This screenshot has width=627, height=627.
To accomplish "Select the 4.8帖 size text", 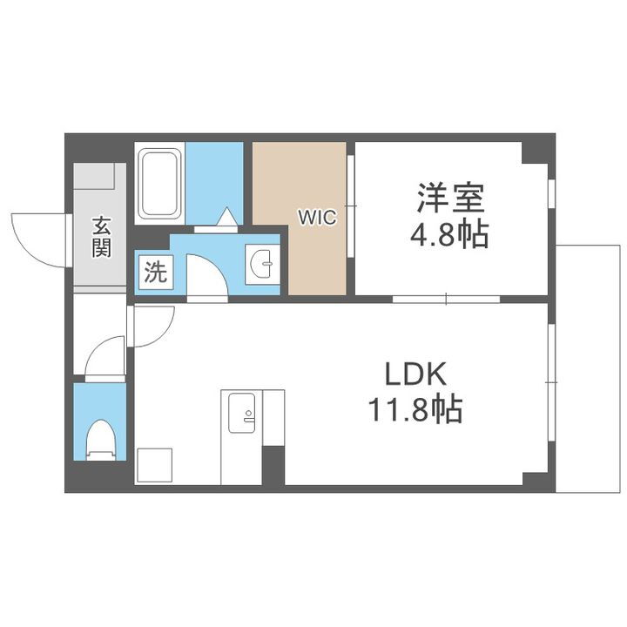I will click(450, 235).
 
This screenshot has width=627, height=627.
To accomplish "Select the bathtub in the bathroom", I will click(159, 185).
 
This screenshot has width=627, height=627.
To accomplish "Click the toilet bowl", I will click(101, 439).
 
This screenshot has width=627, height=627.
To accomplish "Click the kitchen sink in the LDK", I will click(242, 411).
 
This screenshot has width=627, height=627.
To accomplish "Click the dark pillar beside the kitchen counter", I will click(273, 466).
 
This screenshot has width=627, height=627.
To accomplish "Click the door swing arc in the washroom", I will click(206, 277).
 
